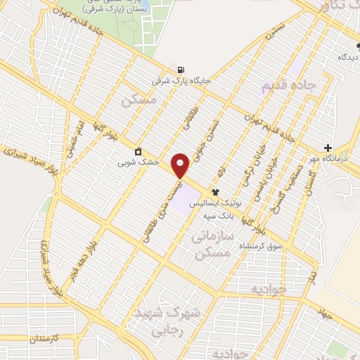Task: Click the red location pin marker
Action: pyautogui.click(x=181, y=165)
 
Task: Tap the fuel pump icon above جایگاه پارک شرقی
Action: pyautogui.click(x=182, y=70)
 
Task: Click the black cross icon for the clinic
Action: pyautogui.click(x=328, y=148)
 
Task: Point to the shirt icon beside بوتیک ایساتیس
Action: pyautogui.click(x=214, y=191)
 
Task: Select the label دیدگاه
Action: pyautogui.click(x=349, y=56)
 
